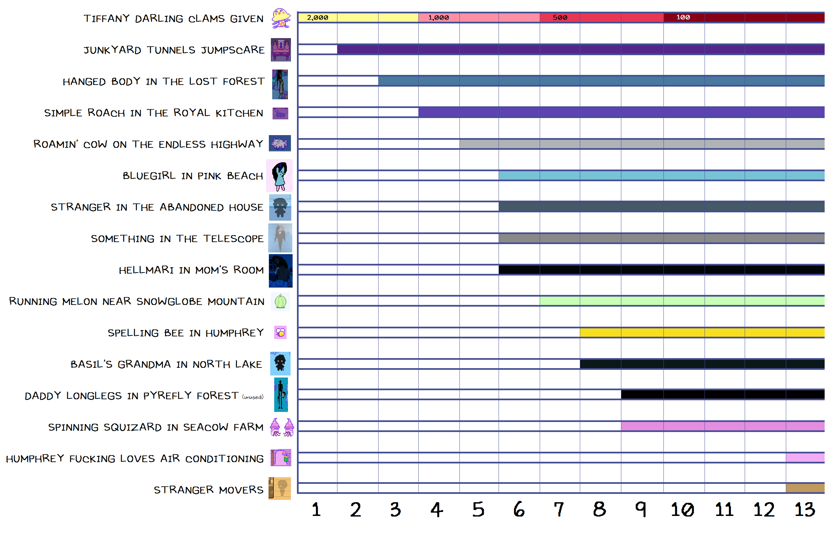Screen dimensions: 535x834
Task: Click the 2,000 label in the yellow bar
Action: point(317,18)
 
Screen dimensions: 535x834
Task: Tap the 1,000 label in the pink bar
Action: point(438,18)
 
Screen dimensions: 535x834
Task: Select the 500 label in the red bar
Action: point(559,18)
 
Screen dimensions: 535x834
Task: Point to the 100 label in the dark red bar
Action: point(683,17)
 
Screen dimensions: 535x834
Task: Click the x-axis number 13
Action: point(804,510)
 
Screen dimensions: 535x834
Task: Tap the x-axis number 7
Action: point(558,510)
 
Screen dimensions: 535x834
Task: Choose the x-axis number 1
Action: point(316,510)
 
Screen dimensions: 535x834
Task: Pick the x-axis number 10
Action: point(682,510)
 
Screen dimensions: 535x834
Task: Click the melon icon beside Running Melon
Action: point(280,301)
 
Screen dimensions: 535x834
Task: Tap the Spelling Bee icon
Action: point(280,332)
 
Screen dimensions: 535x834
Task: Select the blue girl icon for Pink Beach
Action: point(280,176)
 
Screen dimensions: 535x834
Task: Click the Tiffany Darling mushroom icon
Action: point(281,18)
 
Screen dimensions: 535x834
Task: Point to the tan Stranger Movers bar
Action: point(805,488)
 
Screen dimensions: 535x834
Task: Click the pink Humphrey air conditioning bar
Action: point(805,457)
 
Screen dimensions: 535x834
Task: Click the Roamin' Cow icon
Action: point(280,143)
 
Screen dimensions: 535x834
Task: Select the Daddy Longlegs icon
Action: point(281,395)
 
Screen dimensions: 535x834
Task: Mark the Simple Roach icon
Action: point(280,113)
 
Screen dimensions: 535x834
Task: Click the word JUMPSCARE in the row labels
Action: point(233,50)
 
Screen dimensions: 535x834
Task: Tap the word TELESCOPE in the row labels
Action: point(233,239)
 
